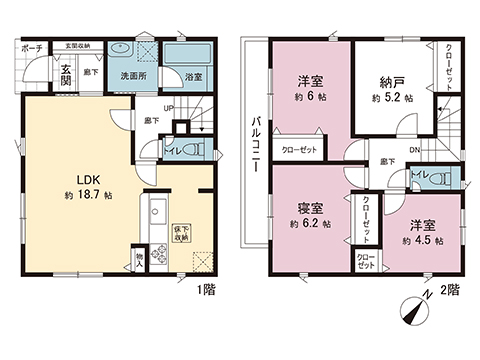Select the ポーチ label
click(x=32, y=47)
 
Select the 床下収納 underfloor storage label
click(x=181, y=234)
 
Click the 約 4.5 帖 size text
click(x=415, y=241)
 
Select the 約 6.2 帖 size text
click(x=311, y=225)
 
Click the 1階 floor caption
click(x=205, y=290)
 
